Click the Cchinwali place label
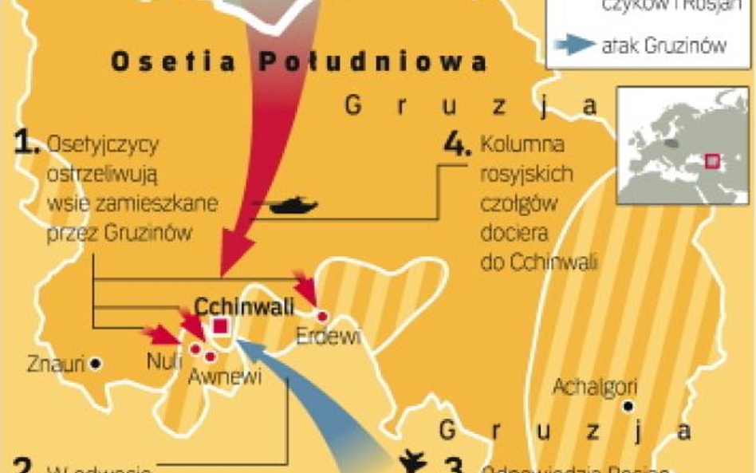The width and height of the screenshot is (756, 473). pos(244,306)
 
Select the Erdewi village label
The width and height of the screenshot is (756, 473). pos(328,336)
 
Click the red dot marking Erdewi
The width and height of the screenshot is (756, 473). pos(323,313)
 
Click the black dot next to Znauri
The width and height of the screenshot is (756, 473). pos(96,364)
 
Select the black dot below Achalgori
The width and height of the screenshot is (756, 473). pos(629,407)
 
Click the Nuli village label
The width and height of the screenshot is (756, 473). pos(165,362)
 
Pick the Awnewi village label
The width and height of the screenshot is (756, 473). pos(224,376)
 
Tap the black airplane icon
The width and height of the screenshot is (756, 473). pos(412,461)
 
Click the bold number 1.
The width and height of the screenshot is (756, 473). pos(27,144)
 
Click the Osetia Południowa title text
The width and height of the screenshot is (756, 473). pos(298,63)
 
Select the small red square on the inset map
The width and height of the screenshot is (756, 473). pos(712,161)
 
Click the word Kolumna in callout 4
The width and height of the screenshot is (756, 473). pos(522,145)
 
